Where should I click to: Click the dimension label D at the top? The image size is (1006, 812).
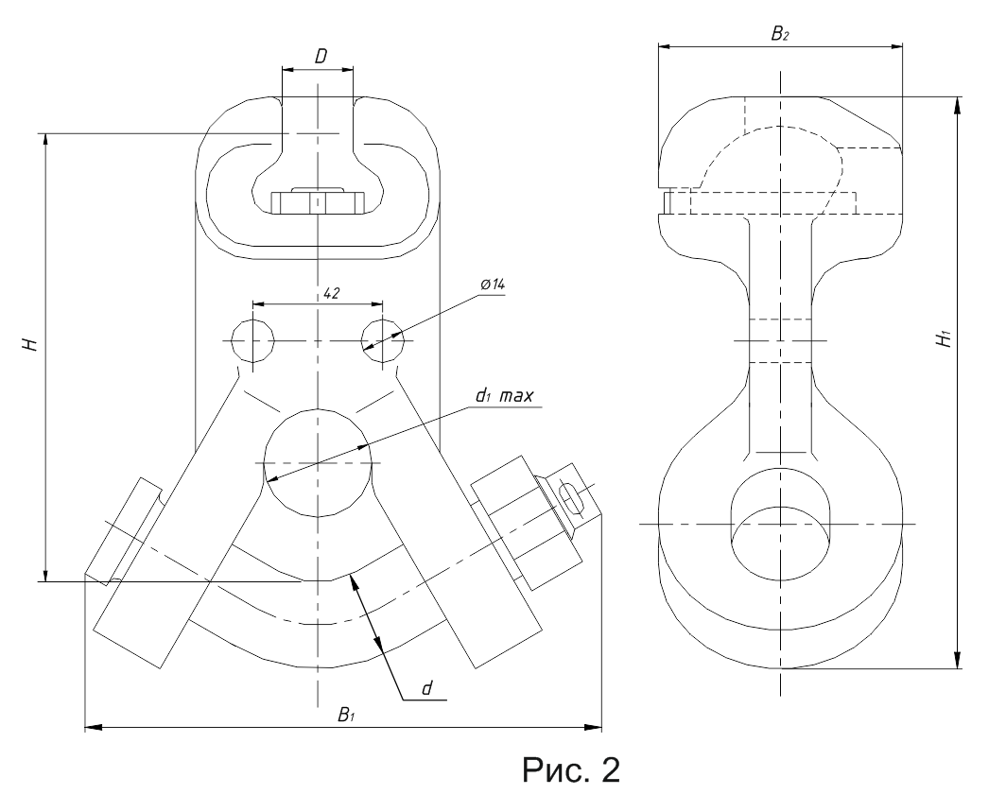coord(321,57)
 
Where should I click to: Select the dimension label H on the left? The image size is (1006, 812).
coord(29,344)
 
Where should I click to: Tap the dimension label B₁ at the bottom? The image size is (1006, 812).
coord(346,715)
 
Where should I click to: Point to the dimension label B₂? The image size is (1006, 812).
coord(780,34)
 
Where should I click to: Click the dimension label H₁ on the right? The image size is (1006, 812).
coord(944,338)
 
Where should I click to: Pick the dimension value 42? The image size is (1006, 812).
coord(331,293)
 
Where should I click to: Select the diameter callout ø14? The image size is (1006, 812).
coord(492,285)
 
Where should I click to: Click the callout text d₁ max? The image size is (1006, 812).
coord(504,396)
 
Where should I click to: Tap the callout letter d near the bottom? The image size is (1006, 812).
coord(426,688)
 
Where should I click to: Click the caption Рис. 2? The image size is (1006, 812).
coord(571,769)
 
